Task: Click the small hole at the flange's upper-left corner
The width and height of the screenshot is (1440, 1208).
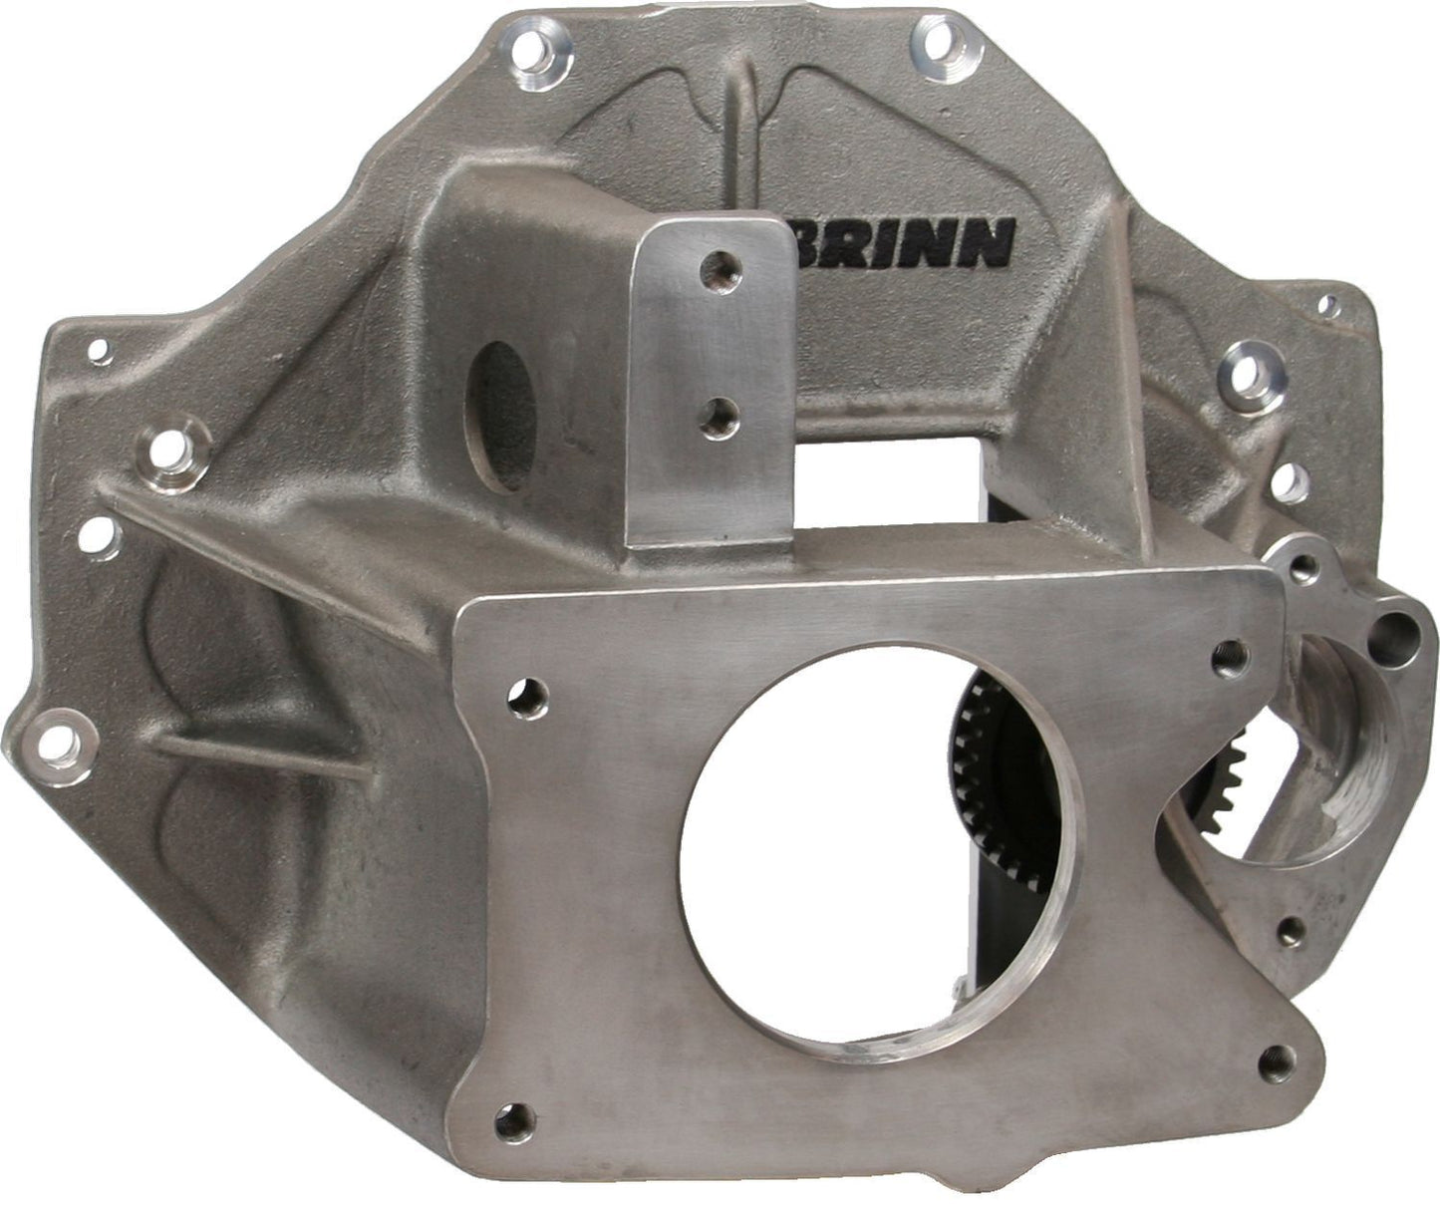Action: pos(98,350)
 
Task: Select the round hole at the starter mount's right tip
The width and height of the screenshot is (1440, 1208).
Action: pos(1393,628)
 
